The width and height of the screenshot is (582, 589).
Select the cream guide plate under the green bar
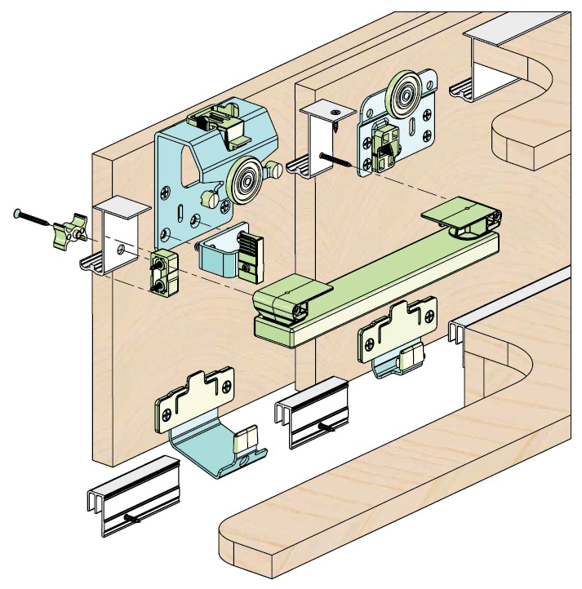coord(399,334)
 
